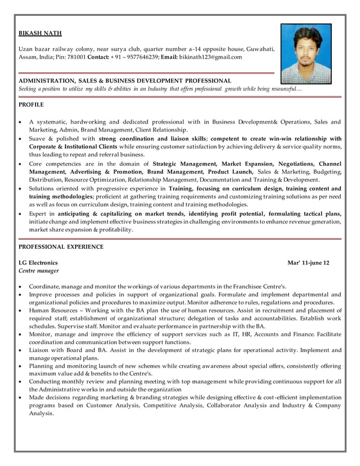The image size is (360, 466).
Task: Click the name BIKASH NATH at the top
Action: click(x=40, y=33)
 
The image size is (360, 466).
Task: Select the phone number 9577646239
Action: click(x=140, y=57)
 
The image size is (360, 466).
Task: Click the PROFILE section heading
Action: click(x=31, y=105)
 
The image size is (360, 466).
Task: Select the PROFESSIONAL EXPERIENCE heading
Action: click(x=61, y=247)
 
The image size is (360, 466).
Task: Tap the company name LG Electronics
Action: click(x=38, y=263)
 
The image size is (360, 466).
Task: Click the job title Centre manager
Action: click(x=38, y=271)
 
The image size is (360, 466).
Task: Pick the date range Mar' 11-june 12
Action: click(x=308, y=263)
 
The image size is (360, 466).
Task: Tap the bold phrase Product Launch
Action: click(x=231, y=171)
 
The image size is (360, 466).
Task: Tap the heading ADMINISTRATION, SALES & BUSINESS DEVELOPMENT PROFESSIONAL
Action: click(x=125, y=81)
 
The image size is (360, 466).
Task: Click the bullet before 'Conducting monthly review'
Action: click(x=21, y=382)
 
